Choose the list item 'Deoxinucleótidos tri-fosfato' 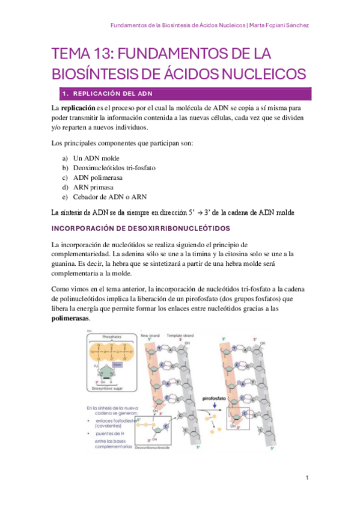114,167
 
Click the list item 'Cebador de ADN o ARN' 110,197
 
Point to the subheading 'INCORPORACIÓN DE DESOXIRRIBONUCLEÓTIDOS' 141,229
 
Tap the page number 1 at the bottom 307,478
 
